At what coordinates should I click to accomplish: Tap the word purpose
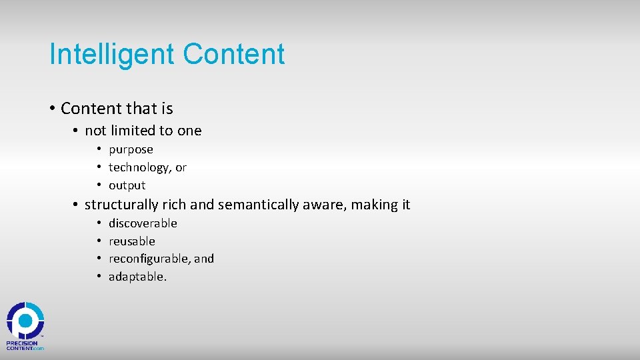coord(131,150)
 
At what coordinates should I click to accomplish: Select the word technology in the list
coord(139,168)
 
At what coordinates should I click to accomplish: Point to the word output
coord(127,186)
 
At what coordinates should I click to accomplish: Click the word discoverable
coord(143,223)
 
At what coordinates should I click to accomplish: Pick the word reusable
coord(132,241)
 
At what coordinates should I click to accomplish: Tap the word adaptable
coord(137,277)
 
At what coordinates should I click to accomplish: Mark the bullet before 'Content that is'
coord(52,109)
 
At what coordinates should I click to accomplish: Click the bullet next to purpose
coord(98,150)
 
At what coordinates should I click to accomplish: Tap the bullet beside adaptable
coord(98,277)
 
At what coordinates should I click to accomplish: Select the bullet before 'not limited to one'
coord(76,131)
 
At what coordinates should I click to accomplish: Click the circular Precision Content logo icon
coord(25,321)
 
